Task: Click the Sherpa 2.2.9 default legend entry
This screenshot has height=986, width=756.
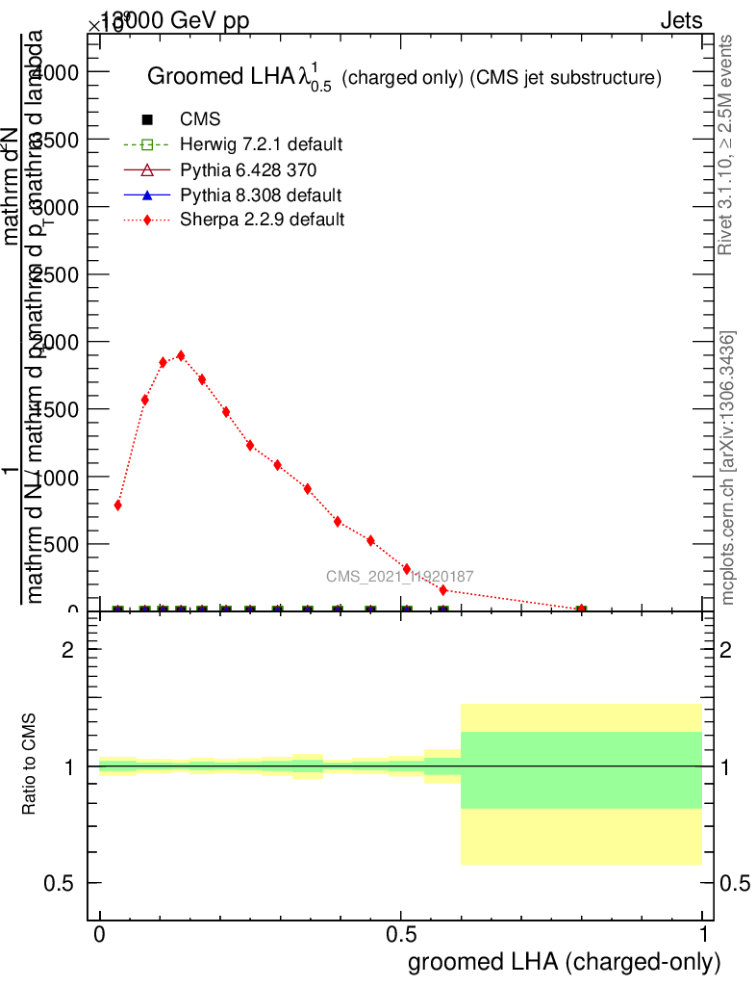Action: [x=262, y=220]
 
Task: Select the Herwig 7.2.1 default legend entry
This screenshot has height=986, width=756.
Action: [x=261, y=144]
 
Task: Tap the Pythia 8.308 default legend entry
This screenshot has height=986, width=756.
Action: [x=261, y=195]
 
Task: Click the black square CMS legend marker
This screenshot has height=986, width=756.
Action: [x=147, y=119]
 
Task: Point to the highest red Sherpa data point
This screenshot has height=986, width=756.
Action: [x=181, y=355]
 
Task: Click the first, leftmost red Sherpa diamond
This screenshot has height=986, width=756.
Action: [x=117, y=505]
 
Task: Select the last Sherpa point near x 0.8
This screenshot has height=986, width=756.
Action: [x=581, y=609]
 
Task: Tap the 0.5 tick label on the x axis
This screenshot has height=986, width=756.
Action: [x=401, y=935]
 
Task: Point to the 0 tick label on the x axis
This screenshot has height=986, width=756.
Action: [x=99, y=935]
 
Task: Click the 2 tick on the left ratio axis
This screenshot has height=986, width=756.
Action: [x=67, y=650]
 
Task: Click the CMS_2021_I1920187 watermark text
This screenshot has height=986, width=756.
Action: [x=399, y=576]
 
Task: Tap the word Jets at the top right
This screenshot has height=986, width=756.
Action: [x=681, y=21]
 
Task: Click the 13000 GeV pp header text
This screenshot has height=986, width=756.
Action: [x=174, y=21]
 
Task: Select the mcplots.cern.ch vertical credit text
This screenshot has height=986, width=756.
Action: [x=729, y=468]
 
